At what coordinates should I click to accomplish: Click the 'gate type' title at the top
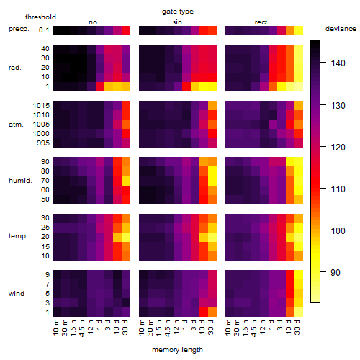click(x=178, y=12)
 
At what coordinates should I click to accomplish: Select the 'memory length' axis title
click(x=177, y=350)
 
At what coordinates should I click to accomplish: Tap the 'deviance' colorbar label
click(x=341, y=29)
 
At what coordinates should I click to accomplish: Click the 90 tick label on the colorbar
click(x=336, y=273)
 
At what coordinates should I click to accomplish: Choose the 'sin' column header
click(x=177, y=22)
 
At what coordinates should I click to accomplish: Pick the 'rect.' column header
click(x=261, y=22)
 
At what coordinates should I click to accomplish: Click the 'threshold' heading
click(x=40, y=17)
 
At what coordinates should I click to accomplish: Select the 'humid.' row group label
click(x=20, y=181)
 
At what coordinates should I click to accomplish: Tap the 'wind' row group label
click(x=17, y=294)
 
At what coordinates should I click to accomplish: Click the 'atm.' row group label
click(x=16, y=125)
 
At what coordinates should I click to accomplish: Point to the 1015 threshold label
click(x=41, y=106)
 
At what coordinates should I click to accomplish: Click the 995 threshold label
click(x=43, y=143)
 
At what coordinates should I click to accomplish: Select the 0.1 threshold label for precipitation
click(x=44, y=30)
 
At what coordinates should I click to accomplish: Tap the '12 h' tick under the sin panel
click(x=176, y=327)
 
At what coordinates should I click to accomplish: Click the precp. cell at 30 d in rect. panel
click(x=299, y=30)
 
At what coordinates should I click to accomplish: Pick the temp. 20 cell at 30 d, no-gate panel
click(x=126, y=237)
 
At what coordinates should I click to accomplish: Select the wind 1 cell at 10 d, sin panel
click(x=204, y=312)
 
